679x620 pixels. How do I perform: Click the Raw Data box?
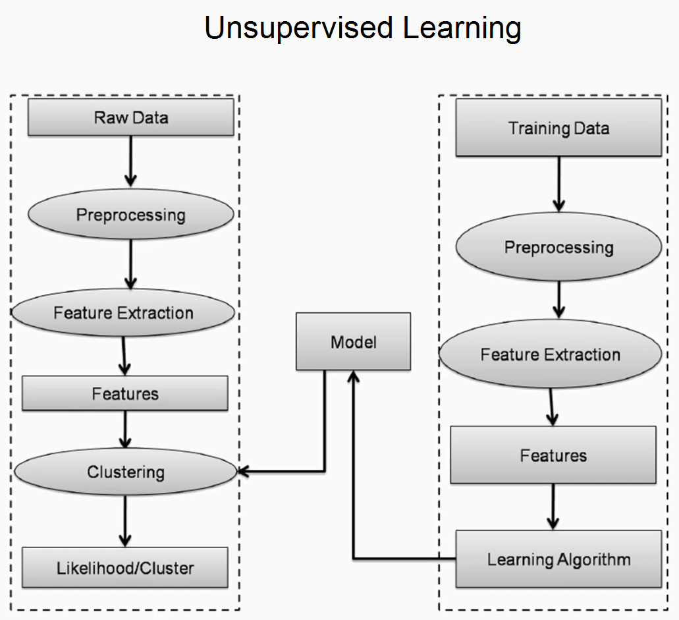(131, 117)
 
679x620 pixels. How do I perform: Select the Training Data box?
(558, 127)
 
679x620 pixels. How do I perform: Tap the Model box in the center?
(354, 341)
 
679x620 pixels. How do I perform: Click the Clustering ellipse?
(126, 471)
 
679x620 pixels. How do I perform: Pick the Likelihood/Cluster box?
(125, 567)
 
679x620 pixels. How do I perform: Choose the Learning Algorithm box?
(558, 559)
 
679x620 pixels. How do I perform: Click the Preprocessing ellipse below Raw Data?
(131, 215)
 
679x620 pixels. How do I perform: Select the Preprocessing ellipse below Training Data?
(558, 246)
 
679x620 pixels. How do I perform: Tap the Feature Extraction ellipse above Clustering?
(123, 312)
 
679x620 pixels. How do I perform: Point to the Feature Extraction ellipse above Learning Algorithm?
(551, 354)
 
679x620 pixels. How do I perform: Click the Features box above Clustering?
(125, 393)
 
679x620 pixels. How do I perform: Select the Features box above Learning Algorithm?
(553, 455)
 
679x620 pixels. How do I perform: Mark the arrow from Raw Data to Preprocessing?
(131, 161)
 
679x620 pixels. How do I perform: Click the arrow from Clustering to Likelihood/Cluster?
(125, 521)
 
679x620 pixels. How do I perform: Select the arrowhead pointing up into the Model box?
(354, 376)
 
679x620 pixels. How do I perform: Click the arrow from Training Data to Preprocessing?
(559, 184)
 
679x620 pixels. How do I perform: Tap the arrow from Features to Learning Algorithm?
(553, 507)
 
